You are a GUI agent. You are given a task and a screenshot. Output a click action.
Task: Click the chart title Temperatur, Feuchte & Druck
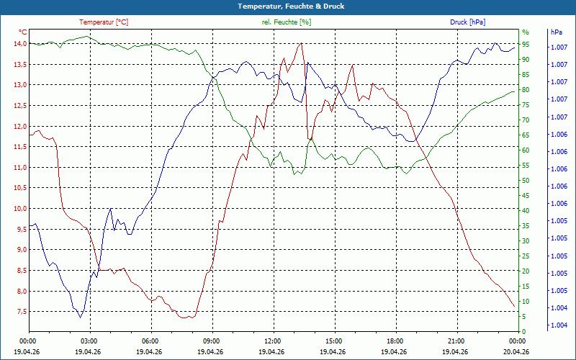click(x=291, y=6)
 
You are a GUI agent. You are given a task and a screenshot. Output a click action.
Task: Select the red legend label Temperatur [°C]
click(x=104, y=22)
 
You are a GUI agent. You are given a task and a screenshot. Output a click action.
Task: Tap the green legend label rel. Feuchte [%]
click(x=286, y=22)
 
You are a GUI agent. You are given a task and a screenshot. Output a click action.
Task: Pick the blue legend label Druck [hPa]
click(x=467, y=22)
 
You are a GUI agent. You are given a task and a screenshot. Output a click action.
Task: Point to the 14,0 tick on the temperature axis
click(x=20, y=44)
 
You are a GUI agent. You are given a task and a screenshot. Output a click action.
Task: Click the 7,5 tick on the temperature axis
click(x=22, y=312)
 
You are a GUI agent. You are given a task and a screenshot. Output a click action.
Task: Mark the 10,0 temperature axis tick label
click(x=20, y=209)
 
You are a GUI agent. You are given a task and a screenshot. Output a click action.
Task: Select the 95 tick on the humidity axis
click(x=526, y=44)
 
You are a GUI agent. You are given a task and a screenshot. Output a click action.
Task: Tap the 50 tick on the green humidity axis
click(x=526, y=181)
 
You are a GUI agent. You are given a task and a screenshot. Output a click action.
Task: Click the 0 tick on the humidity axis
click(x=524, y=332)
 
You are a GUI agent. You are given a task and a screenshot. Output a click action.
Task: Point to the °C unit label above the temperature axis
click(x=23, y=32)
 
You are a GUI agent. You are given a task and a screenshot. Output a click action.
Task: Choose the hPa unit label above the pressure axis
click(x=557, y=32)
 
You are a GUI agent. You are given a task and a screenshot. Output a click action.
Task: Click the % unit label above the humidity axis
click(x=526, y=32)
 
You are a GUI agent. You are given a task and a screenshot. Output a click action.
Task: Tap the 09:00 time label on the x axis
click(x=212, y=341)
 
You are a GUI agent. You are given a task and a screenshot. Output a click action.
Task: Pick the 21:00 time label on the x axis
click(x=457, y=341)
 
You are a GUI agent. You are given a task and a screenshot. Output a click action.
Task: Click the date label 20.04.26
click(x=516, y=351)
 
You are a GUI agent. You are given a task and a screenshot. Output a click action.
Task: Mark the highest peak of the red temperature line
click(x=301, y=43)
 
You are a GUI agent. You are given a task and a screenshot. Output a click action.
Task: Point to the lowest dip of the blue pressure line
click(x=80, y=318)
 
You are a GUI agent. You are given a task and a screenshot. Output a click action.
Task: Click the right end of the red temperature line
click(x=514, y=307)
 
